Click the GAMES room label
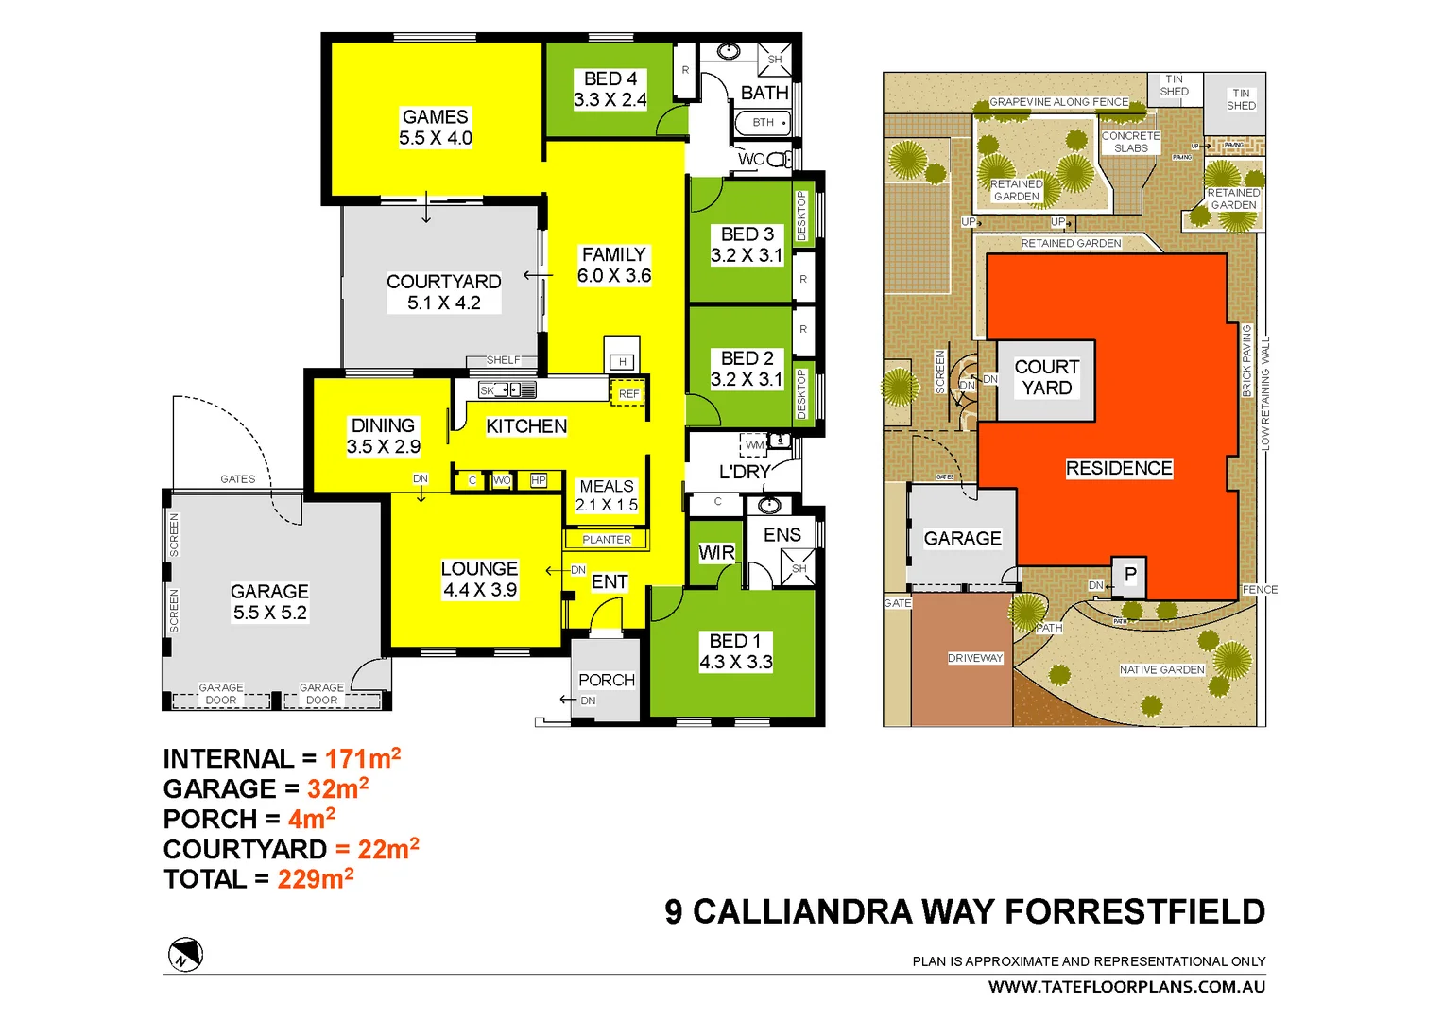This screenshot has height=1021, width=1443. pos(435,117)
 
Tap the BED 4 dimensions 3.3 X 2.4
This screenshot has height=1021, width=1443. pos(610,100)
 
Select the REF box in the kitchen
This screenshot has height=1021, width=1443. pos(628,393)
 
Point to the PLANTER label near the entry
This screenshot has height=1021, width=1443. pos(606,540)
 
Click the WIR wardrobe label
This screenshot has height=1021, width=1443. pos(716,553)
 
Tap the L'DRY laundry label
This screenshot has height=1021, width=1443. pos(744,472)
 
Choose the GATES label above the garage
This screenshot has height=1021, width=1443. pos(237,479)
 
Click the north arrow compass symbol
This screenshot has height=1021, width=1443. pos(185,955)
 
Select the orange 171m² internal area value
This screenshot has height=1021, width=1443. pos(363,758)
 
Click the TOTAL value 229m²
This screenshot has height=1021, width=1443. pos(316,879)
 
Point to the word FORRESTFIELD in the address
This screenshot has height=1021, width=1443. pos(1134,912)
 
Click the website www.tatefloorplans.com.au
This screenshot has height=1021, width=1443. pos(1126,987)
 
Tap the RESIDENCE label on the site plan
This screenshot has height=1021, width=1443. pos(1119,468)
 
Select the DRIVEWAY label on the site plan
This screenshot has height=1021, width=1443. pos(975,658)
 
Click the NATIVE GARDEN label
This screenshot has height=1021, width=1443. pos(1161,670)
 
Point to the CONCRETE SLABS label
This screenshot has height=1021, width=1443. pos(1130,142)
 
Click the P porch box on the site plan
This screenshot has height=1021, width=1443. pos(1129,575)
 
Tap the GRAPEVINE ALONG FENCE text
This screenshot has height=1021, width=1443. pos(1058,102)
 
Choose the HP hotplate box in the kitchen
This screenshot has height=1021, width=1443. pos(538,480)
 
